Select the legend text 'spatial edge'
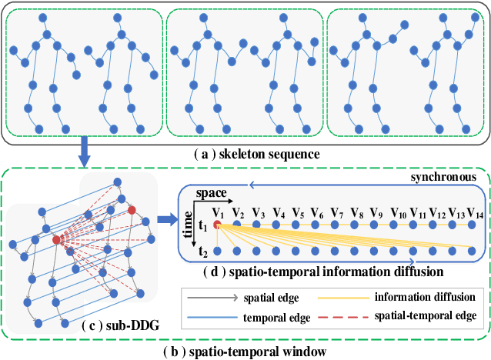pos(265,297)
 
